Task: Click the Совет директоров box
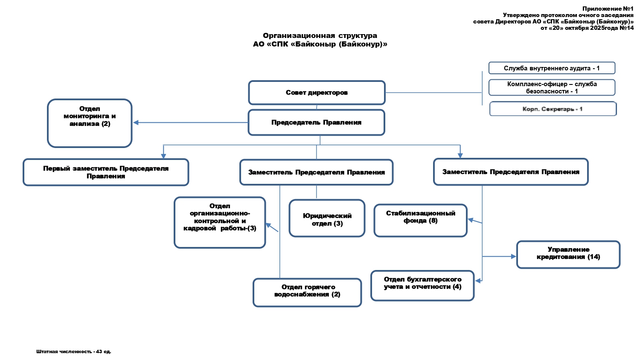[x=317, y=93]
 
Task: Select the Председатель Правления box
[x=316, y=122]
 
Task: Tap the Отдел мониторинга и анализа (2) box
[x=90, y=123]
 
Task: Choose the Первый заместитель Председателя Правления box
[x=106, y=172]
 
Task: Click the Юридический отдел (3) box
[x=327, y=218]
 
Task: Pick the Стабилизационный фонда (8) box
[x=420, y=220]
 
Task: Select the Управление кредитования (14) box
[x=568, y=255]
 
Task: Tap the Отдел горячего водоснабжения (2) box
[x=307, y=292]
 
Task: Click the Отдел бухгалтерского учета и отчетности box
[x=422, y=285]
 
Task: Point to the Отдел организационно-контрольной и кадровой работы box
[x=220, y=222]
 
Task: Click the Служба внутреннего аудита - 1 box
[x=552, y=68]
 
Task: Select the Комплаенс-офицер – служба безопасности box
[x=552, y=87]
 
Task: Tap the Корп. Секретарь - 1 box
[x=553, y=109]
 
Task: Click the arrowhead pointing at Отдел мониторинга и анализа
[x=136, y=122]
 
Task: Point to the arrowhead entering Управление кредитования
[x=514, y=256]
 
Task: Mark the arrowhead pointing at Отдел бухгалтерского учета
[x=478, y=281]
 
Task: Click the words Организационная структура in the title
[x=320, y=35]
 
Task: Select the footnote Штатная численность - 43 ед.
[x=73, y=351]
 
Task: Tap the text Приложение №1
[x=608, y=9]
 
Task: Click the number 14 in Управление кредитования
[x=594, y=257]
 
